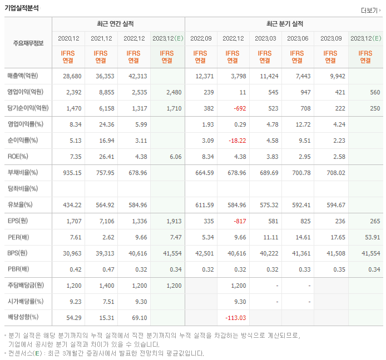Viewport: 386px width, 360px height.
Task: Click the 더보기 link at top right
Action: coord(370,10)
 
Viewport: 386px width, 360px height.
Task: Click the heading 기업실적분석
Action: coord(21,8)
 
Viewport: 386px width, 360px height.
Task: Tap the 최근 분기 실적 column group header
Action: coord(284,24)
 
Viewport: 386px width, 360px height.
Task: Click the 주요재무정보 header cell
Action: coord(28,43)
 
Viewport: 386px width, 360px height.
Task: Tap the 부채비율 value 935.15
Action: coord(72,172)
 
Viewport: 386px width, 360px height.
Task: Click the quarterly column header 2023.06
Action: coord(298,38)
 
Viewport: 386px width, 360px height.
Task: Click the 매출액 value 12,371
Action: coord(202,76)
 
